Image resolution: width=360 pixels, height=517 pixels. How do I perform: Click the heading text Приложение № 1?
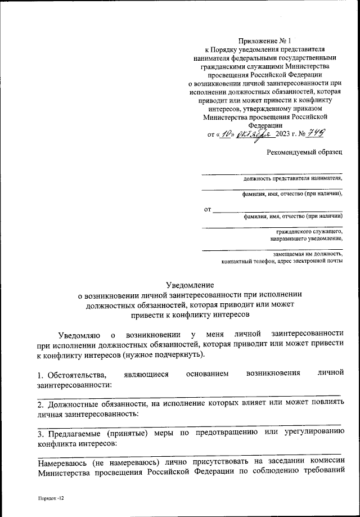click(264, 41)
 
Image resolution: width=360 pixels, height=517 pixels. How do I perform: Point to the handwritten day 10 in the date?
click(227, 135)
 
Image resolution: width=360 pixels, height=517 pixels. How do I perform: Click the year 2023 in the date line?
click(286, 136)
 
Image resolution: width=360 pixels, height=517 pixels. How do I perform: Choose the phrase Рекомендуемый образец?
click(304, 152)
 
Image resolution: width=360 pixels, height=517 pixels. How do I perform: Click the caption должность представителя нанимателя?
click(292, 178)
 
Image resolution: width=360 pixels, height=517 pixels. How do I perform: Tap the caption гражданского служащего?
click(309, 231)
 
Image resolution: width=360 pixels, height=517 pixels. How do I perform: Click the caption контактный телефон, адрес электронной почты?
click(281, 262)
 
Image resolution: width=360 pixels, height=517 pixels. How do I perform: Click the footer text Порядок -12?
click(48, 498)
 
